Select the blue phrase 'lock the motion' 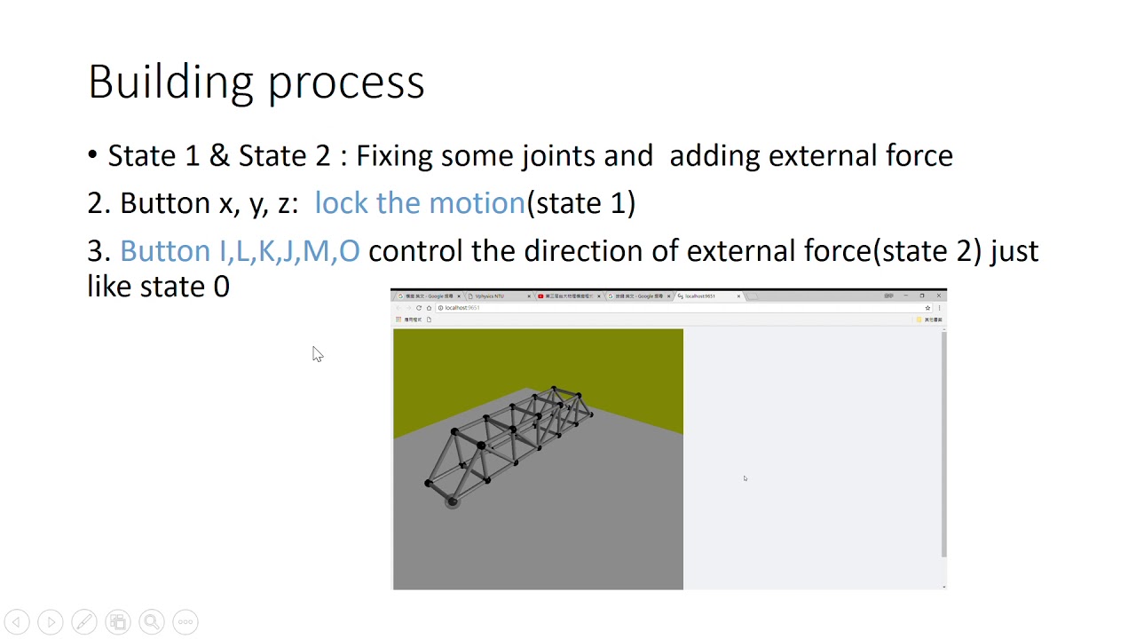coord(420,203)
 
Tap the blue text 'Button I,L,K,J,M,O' coord(240,251)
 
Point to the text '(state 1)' coord(581,203)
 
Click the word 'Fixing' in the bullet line coord(394,156)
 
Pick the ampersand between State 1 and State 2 coord(218,156)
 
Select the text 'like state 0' coord(158,287)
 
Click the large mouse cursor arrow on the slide coord(317,353)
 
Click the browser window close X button coord(939,296)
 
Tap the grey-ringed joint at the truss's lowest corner coord(453,501)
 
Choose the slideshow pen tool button coord(84,622)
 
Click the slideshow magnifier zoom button coord(152,622)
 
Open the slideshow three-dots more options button coord(185,622)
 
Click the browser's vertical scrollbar coord(943,444)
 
